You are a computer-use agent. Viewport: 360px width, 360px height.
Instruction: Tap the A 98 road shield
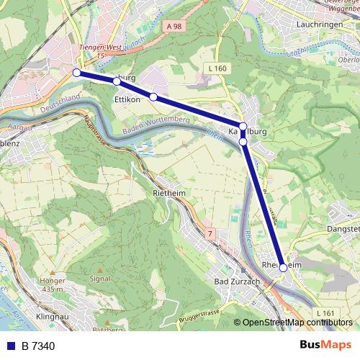tap(173, 27)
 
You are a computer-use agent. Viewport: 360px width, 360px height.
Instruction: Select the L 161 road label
tap(325, 313)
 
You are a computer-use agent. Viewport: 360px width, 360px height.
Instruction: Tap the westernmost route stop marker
tap(76, 72)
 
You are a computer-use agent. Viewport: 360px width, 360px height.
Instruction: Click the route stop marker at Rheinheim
tap(284, 267)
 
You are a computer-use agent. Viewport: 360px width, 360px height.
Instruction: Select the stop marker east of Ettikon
tap(153, 96)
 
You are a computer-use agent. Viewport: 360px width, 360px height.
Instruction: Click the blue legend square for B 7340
tap(9, 346)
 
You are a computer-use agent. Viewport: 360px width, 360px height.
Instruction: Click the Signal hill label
tap(99, 277)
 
